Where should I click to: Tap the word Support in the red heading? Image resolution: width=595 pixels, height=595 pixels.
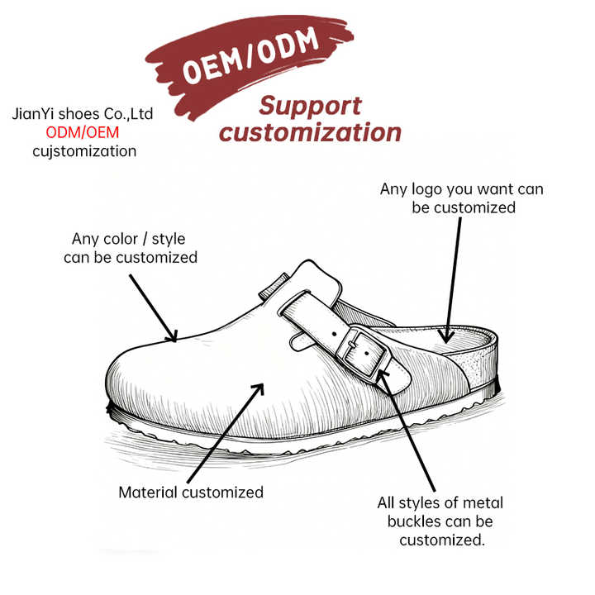(310, 107)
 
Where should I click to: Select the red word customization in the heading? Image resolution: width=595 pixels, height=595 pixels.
(310, 132)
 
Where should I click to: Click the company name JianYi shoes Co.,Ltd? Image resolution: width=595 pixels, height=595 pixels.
(83, 114)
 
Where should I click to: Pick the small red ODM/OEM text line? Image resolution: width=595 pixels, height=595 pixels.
(83, 132)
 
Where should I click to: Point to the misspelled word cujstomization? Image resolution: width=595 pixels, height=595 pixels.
(83, 151)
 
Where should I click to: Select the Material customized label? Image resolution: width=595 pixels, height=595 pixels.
(191, 493)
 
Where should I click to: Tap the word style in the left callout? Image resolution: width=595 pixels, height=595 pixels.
(169, 239)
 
